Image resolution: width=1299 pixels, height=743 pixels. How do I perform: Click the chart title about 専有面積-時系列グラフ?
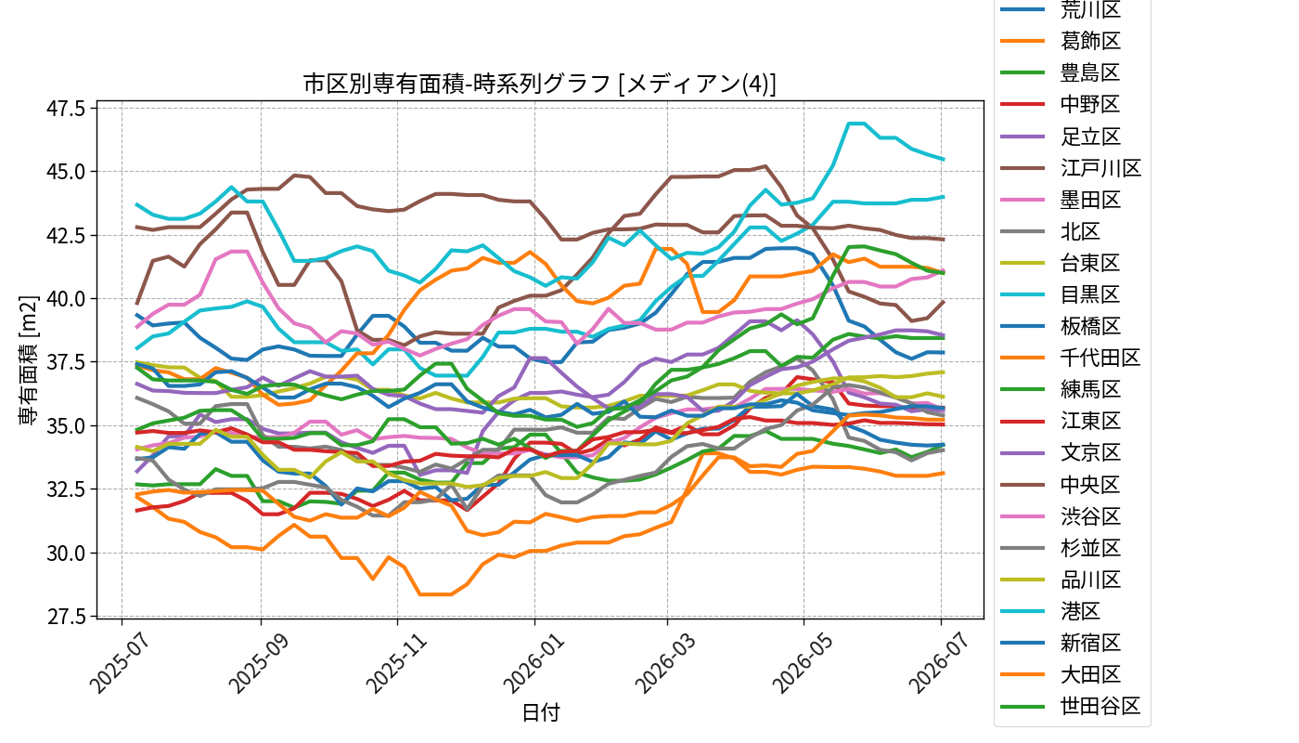[x=539, y=85]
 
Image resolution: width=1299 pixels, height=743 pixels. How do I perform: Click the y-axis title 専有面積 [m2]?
[x=29, y=361]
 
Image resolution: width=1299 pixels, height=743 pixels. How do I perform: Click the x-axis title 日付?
[x=540, y=712]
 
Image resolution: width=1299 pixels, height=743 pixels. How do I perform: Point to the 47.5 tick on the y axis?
[x=66, y=109]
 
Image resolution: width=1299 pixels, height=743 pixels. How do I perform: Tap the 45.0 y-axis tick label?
[x=66, y=172]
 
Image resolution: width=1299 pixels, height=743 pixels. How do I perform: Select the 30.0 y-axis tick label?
[x=66, y=554]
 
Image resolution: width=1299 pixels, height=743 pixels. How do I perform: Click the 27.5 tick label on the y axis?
[x=66, y=617]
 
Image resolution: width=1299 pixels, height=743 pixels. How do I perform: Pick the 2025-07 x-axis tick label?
[x=120, y=663]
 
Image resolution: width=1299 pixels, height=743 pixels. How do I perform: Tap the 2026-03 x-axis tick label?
[x=666, y=663]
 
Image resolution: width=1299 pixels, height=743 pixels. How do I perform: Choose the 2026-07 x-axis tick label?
[x=939, y=663]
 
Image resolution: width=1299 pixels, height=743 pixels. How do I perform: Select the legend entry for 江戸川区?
[x=1071, y=168]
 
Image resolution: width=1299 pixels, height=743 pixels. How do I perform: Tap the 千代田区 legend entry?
[x=1071, y=358]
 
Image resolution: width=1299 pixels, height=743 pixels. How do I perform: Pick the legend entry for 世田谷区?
[x=1071, y=706]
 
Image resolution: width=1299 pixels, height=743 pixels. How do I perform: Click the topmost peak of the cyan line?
[x=855, y=123]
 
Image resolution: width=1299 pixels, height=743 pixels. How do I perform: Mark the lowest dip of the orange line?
[x=435, y=594]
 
